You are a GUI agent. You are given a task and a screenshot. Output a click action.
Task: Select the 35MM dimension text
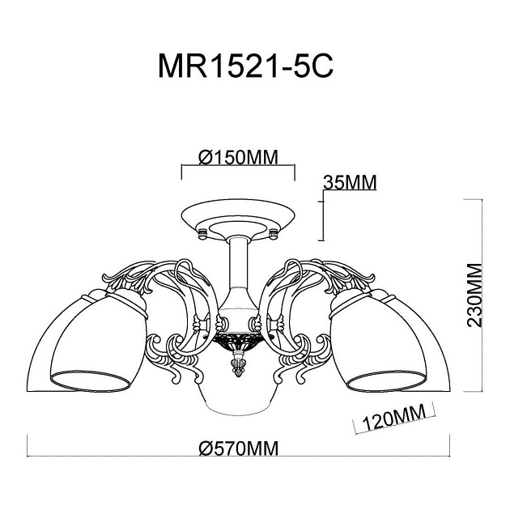click(350, 183)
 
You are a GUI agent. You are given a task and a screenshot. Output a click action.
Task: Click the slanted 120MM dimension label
click(395, 418)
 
